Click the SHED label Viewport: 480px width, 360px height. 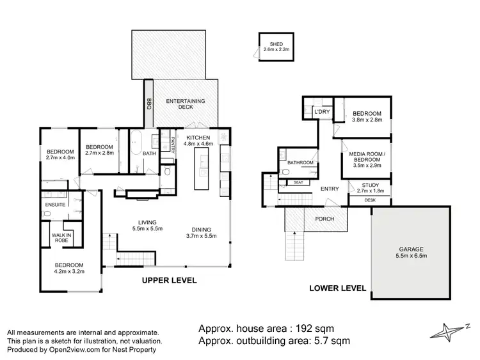[276, 43]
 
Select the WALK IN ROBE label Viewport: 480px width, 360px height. [61, 239]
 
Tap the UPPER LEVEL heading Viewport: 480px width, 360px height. [170, 281]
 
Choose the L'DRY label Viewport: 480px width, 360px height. [321, 112]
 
